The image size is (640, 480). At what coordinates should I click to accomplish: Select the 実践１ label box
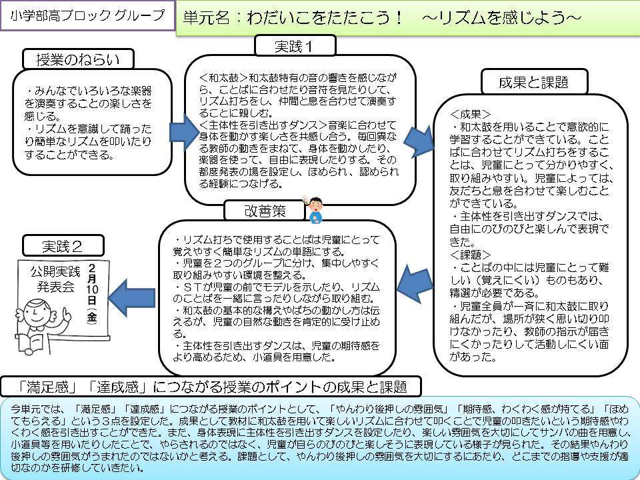pos(295,46)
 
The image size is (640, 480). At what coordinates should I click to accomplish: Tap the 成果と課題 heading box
pos(533,82)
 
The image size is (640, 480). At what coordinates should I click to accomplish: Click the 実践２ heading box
pos(63,245)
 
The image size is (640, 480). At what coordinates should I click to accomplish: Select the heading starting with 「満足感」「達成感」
pos(212,387)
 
